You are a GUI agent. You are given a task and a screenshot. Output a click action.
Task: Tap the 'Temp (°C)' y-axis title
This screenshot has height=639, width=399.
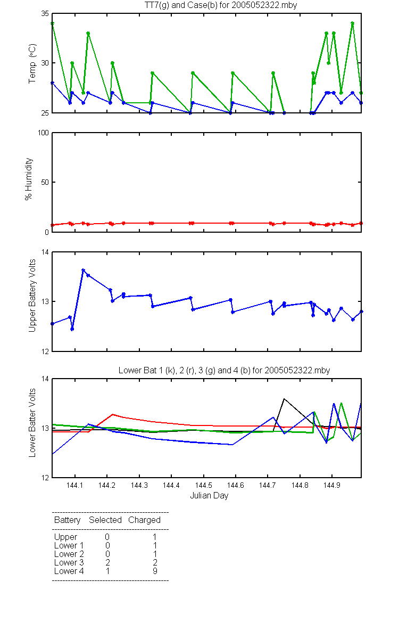click(x=32, y=63)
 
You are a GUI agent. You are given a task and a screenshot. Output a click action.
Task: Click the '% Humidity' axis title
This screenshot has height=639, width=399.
click(x=29, y=179)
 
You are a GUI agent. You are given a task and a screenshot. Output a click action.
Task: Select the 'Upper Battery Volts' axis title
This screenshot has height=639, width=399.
click(x=32, y=296)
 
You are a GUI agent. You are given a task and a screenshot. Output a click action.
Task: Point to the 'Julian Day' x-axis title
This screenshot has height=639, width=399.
click(x=209, y=496)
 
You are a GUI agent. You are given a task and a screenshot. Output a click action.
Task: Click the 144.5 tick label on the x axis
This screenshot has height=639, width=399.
click(x=203, y=485)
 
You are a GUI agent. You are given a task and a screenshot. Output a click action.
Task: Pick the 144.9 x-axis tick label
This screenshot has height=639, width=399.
click(x=332, y=485)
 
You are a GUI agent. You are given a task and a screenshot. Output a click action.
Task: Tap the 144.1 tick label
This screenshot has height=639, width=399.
click(x=74, y=485)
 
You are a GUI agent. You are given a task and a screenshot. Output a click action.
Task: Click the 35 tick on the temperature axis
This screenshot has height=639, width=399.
click(x=45, y=13)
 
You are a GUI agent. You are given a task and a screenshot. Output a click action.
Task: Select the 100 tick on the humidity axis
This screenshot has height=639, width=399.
click(x=43, y=133)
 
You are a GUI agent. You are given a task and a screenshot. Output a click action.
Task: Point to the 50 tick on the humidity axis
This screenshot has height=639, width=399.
click(x=45, y=182)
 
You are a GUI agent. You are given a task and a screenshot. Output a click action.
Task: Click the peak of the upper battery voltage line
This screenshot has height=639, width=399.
click(x=83, y=270)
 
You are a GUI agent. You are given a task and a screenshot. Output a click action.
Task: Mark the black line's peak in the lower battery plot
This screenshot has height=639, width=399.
click(x=284, y=399)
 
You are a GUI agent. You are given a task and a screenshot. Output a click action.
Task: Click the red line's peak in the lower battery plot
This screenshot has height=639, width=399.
click(x=113, y=414)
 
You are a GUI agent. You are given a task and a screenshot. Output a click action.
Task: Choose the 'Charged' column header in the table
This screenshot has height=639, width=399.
click(x=144, y=520)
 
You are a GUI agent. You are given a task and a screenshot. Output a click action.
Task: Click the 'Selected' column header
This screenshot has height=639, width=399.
click(x=105, y=520)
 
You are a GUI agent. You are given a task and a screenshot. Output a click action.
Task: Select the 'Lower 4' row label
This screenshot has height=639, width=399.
click(x=69, y=571)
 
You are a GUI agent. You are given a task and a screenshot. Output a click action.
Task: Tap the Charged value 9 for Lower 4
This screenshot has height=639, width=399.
click(x=155, y=571)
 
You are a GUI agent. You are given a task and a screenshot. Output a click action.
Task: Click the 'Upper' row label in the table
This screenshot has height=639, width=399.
click(x=65, y=537)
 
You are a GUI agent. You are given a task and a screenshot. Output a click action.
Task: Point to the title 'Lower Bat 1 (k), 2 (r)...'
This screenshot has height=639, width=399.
click(x=224, y=370)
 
